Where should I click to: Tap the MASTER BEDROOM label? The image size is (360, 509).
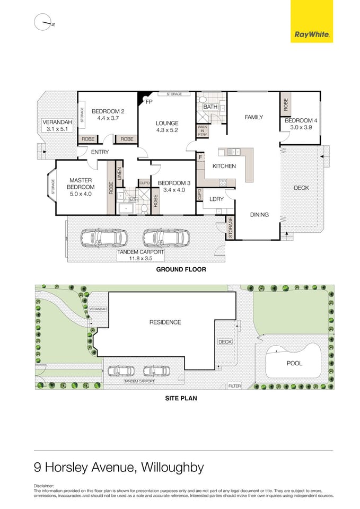coord(81,183)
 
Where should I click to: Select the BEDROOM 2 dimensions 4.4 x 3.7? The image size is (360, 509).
coord(108,118)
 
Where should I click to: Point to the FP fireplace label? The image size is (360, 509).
coord(149,101)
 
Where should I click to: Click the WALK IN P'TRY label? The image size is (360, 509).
coord(203,130)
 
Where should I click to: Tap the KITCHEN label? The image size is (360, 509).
coord(224,166)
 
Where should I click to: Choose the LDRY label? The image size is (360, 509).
coord(216,199)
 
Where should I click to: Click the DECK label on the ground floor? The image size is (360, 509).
coord(301,188)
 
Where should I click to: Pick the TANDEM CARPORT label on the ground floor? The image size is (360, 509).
coord(141,253)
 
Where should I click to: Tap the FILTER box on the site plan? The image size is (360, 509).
coord(234,386)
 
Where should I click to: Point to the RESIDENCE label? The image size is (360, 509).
coord(165,322)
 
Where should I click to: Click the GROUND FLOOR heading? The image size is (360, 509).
coord(181,269)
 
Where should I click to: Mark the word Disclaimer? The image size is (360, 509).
coord(44,485)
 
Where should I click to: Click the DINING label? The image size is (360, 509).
coord(259,215)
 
